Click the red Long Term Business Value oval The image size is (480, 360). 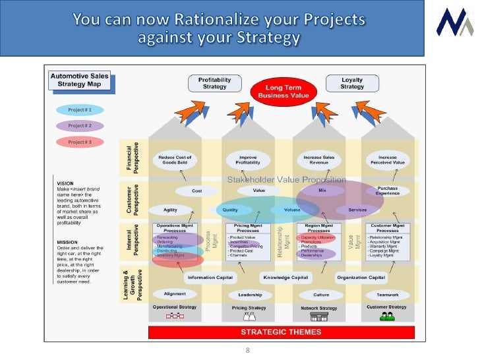coord(282,91)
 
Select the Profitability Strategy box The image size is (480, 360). coord(214,83)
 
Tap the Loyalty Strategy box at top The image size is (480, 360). coord(352,83)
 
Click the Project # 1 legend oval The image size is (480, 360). coord(80,109)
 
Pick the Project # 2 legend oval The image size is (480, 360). coord(80,125)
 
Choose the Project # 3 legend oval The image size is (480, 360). coord(80,142)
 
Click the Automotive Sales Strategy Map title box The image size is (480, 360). coord(78,80)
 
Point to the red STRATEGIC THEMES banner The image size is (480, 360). coord(281,332)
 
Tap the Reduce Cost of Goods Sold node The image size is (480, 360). coord(175,160)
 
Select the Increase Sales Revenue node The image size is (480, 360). coord(319,160)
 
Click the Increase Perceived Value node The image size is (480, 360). coord(388,160)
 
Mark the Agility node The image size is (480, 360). coord(170,210)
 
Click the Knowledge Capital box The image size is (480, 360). coord(286,278)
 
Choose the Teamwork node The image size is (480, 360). coord(388,295)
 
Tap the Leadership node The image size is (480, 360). coord(250,295)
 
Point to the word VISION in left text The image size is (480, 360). coord(65,183)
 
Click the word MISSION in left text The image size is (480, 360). coord(67,242)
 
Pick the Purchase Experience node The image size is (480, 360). coord(388,191)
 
